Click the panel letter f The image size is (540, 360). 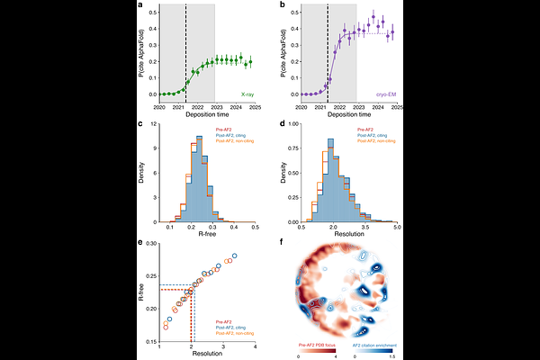pos(283,241)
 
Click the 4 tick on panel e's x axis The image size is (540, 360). pos(255,347)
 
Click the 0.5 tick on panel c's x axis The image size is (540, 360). pos(255,228)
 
